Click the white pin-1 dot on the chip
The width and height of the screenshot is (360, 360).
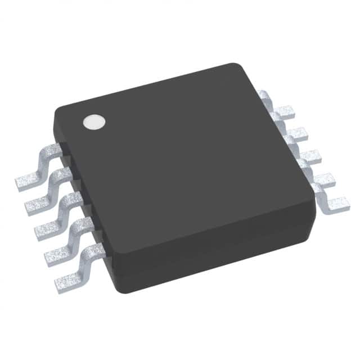click(x=94, y=122)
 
